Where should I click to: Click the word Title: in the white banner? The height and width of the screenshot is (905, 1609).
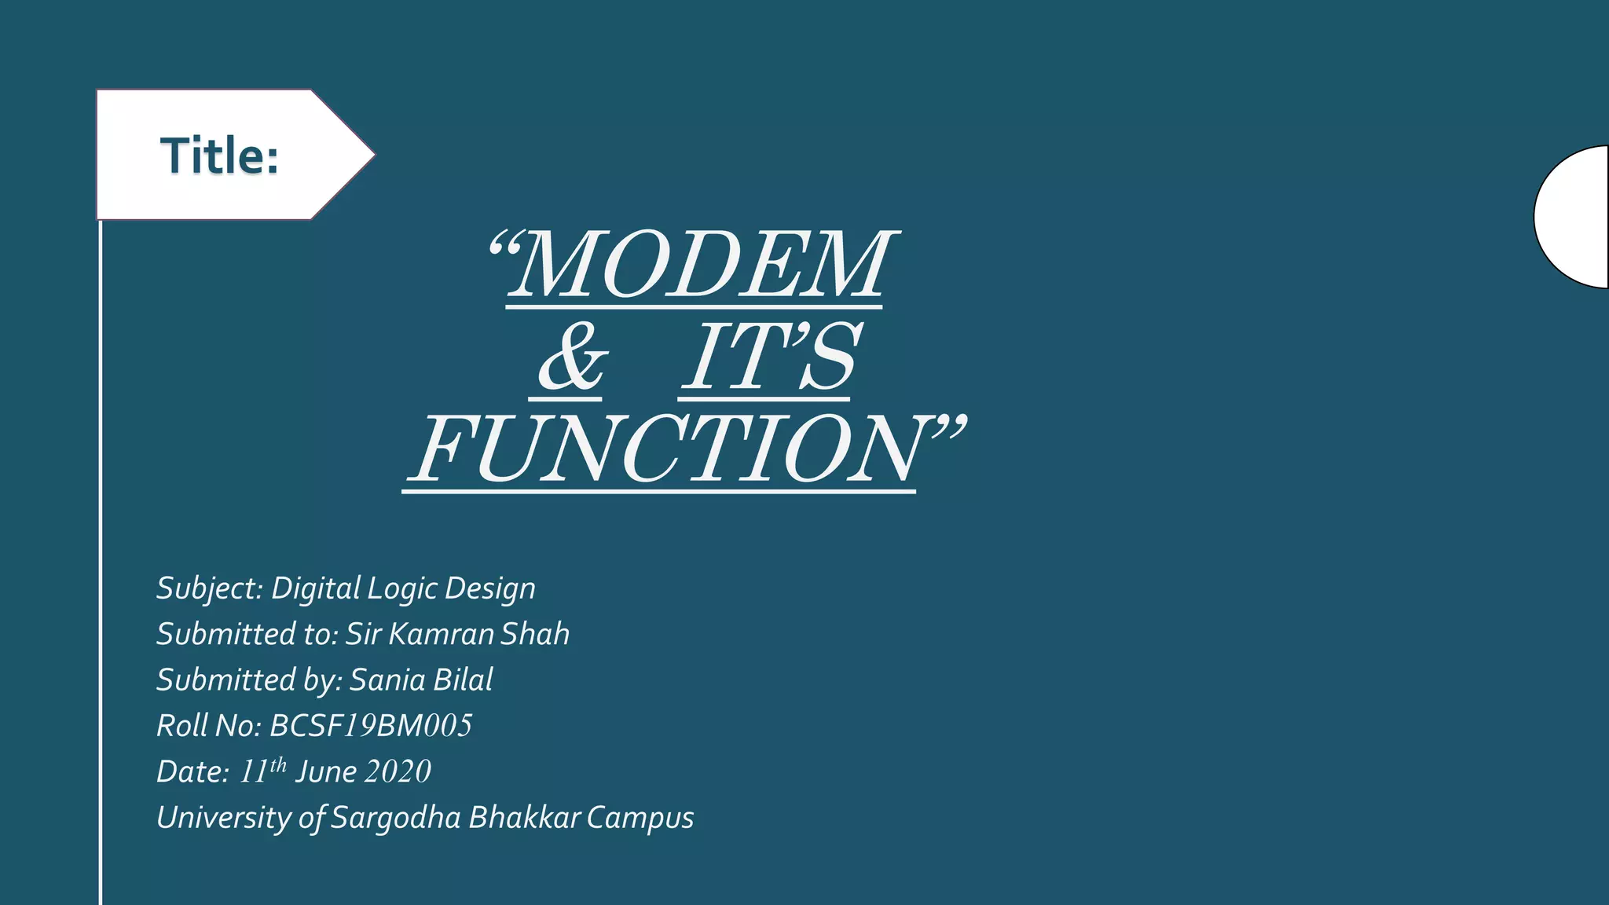(x=220, y=156)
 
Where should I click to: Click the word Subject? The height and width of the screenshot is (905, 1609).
(x=209, y=588)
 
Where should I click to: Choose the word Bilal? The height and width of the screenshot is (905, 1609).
(x=463, y=680)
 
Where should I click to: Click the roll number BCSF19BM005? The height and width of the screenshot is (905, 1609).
(x=371, y=726)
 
